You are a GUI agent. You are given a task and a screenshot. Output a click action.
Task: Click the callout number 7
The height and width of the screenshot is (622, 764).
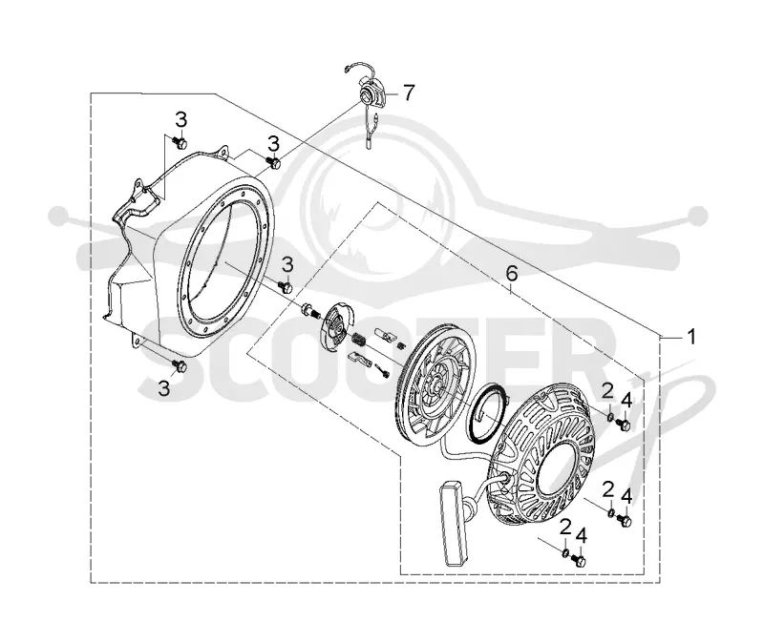(x=408, y=92)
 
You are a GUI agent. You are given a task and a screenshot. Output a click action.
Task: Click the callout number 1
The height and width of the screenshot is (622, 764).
(x=690, y=337)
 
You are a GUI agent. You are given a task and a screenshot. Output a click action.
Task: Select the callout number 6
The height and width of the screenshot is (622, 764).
(x=511, y=274)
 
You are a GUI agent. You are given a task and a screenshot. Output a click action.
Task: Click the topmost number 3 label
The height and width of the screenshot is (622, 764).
(x=180, y=120)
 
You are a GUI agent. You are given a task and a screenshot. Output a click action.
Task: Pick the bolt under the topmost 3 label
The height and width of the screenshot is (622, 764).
(x=180, y=143)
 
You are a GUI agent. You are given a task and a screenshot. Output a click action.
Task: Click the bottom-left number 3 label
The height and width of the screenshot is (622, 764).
(x=164, y=388)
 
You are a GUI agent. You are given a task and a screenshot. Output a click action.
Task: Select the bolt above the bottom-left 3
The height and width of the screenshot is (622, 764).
(x=180, y=365)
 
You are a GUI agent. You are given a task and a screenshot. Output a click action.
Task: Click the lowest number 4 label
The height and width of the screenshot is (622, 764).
(x=582, y=536)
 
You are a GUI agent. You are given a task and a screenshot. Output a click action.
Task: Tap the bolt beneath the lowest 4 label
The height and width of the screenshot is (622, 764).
(x=579, y=560)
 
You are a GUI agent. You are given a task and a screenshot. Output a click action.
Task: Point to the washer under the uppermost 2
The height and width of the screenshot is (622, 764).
(x=610, y=416)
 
